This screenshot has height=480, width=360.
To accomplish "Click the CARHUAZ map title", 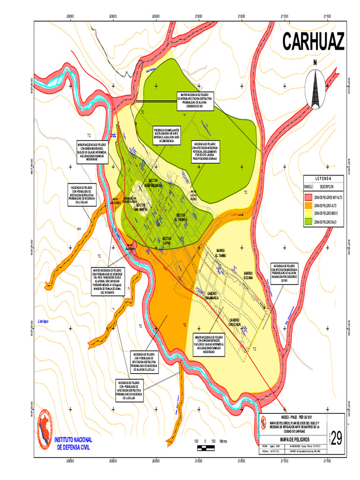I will [313, 42].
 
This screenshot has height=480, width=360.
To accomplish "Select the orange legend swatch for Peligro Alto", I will [309, 205].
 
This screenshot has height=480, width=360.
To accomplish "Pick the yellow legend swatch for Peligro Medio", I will [309, 213].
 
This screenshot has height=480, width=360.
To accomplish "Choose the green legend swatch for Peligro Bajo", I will [309, 220].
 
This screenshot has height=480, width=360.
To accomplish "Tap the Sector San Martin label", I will [143, 207].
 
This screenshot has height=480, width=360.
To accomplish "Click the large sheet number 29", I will [336, 437].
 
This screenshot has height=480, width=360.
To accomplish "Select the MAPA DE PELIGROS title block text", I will [290, 439].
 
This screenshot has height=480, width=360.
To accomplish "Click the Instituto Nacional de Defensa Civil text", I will [74, 443].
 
